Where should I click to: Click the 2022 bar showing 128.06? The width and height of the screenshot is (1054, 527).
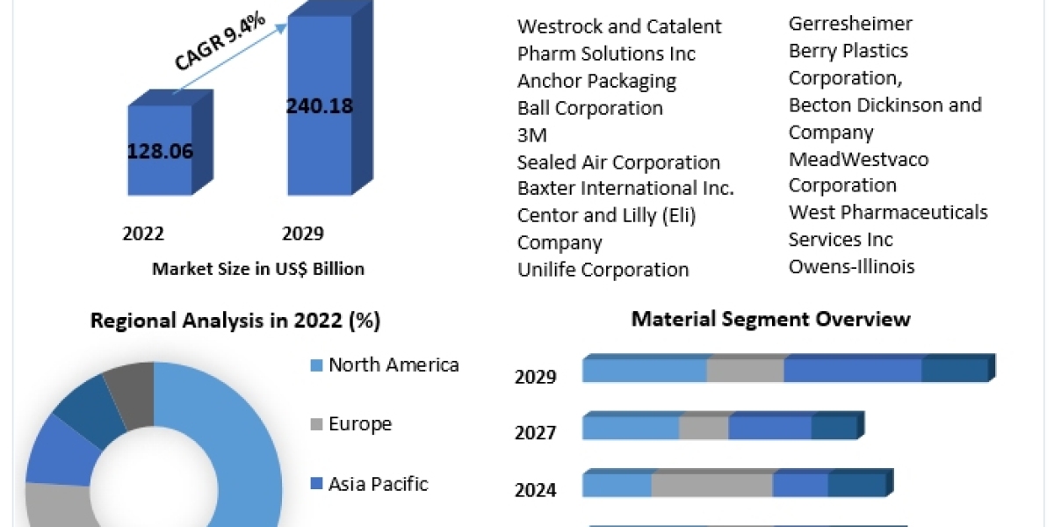coord(160,150)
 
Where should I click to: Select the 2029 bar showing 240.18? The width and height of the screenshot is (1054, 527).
coord(320,106)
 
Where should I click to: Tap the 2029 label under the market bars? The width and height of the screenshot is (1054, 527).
coord(303,234)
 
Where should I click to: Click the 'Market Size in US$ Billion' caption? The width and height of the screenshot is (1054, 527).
coord(258,269)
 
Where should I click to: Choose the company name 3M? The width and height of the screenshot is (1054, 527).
coord(532,135)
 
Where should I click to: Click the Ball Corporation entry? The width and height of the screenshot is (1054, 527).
coord(590,108)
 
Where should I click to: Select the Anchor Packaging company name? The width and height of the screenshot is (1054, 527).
coord(596,81)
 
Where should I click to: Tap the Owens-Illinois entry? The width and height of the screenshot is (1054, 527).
coord(851,266)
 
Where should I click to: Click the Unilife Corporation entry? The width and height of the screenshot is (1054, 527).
coord(603,269)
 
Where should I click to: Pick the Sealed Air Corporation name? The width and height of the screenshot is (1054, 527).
coord(618,162)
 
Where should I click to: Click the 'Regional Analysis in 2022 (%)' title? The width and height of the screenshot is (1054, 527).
coord(235,321)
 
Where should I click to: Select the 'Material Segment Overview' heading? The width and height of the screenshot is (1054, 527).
coord(770,319)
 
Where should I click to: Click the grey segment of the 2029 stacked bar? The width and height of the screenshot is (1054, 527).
coord(745,371)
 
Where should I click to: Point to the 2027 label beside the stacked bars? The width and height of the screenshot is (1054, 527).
coord(536,433)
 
